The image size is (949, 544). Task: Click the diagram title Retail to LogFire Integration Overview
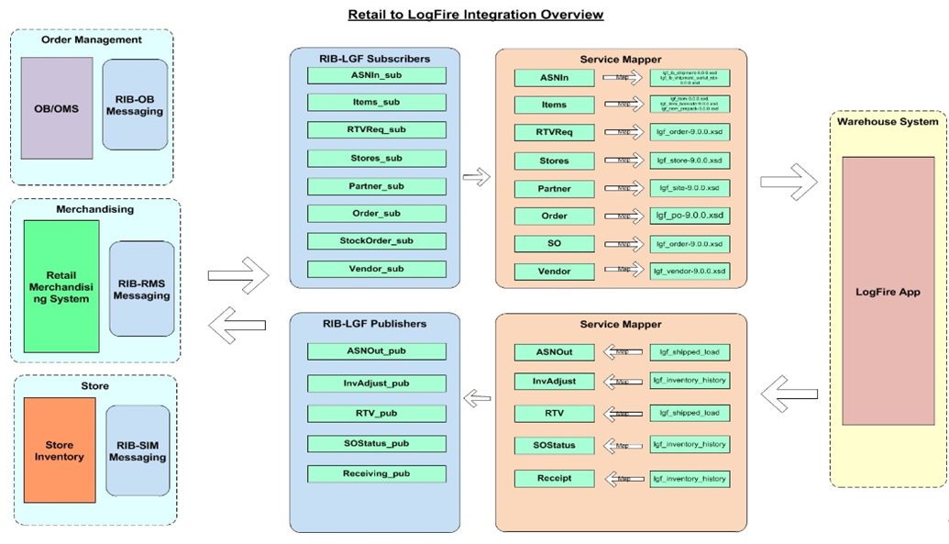pyautogui.click(x=475, y=15)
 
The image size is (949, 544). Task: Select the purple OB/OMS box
pyautogui.click(x=57, y=108)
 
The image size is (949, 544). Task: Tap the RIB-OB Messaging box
pyautogui.click(x=135, y=105)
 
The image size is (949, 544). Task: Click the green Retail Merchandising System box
pyautogui.click(x=61, y=285)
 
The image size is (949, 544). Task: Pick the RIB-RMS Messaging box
pyautogui.click(x=141, y=289)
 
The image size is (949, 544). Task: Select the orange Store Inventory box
pyautogui.click(x=60, y=450)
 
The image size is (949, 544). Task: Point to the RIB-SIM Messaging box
pyautogui.click(x=138, y=450)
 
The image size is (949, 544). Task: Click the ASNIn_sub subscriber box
pyautogui.click(x=377, y=75)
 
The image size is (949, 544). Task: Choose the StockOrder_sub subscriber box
pyautogui.click(x=377, y=241)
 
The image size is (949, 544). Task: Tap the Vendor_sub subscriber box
pyautogui.click(x=377, y=270)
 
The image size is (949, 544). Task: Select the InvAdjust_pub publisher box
pyautogui.click(x=377, y=382)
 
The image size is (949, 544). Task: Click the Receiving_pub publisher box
pyautogui.click(x=377, y=474)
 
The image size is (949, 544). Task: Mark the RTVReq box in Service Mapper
pyautogui.click(x=554, y=132)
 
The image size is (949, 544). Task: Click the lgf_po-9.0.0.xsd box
pyautogui.click(x=690, y=216)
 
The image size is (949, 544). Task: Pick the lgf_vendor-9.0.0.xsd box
pyautogui.click(x=690, y=272)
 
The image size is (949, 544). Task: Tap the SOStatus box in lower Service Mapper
pyautogui.click(x=554, y=446)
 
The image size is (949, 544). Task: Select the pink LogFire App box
pyautogui.click(x=888, y=291)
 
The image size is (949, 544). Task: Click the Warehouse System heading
pyautogui.click(x=888, y=121)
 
